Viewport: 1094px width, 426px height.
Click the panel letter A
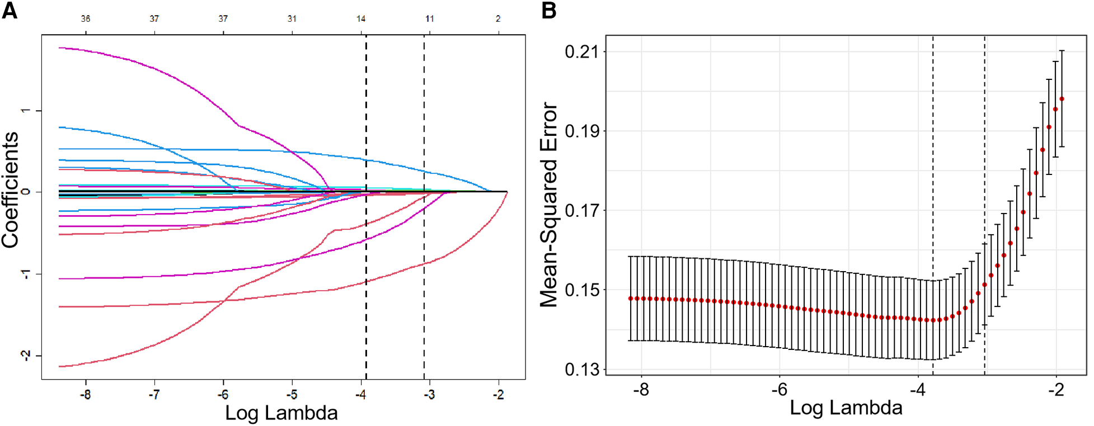point(10,10)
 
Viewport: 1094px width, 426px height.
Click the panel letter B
point(549,10)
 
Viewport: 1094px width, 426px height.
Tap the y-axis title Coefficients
point(10,190)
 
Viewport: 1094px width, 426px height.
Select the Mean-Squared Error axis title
point(549,205)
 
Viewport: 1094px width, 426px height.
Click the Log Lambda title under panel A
point(281,413)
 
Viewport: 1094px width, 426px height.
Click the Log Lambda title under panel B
point(846,408)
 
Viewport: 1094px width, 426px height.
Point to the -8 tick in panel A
point(85,395)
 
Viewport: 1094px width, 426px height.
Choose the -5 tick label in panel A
point(292,395)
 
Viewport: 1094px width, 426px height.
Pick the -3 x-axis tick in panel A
point(429,395)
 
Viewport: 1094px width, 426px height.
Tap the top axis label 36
point(85,18)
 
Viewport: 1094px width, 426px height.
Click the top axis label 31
point(292,18)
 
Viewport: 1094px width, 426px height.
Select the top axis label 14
point(361,18)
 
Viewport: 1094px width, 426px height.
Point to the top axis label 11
point(429,18)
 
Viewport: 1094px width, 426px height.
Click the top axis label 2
point(498,18)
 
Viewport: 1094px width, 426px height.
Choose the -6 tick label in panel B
point(779,390)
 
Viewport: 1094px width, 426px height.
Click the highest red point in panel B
point(1062,99)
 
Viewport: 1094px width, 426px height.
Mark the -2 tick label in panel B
point(1055,390)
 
